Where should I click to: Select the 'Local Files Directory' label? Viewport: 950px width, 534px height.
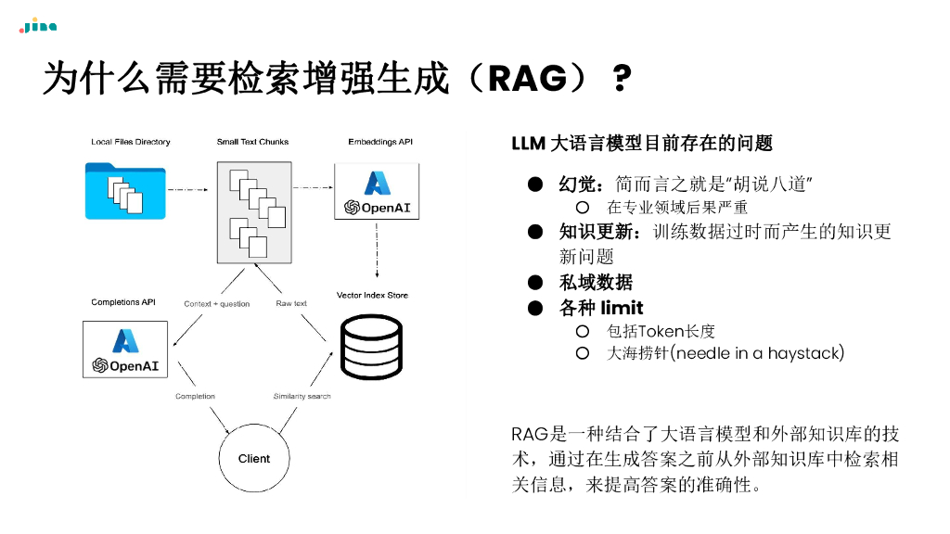point(131,142)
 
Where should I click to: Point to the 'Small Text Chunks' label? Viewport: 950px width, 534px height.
point(252,142)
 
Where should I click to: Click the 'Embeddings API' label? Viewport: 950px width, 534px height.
point(379,142)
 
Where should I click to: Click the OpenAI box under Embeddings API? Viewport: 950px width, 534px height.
point(377,191)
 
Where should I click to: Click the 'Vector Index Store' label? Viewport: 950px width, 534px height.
point(372,295)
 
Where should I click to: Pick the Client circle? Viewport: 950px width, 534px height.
point(254,458)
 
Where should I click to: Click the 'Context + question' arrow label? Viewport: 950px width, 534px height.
point(216,304)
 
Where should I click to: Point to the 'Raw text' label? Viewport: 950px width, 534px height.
point(291,304)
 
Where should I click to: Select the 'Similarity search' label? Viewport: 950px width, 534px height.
point(302,397)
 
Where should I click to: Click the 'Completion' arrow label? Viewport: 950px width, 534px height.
point(195,397)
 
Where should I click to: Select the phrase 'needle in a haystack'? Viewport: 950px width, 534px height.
point(759,353)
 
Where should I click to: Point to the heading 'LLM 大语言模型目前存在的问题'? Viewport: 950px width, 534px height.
point(642,143)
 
